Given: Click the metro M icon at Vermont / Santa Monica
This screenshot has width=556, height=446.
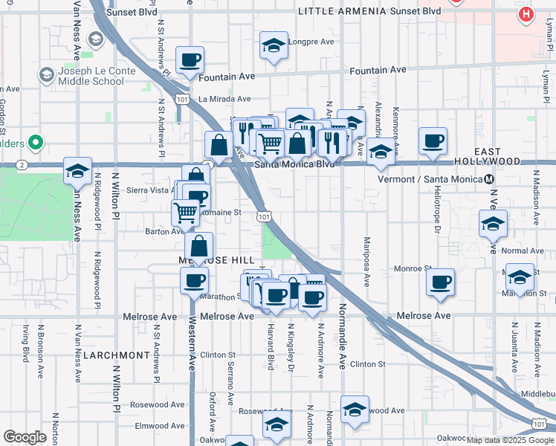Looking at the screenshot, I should (x=488, y=179).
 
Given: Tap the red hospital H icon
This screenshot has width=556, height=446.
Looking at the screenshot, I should (x=526, y=14).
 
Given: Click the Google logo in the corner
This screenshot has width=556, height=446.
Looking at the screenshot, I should (x=25, y=437).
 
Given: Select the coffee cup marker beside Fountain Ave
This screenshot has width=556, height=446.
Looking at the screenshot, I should (x=190, y=59).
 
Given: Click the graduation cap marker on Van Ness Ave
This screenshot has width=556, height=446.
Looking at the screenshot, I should (x=77, y=170).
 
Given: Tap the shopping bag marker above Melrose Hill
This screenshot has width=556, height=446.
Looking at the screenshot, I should (x=199, y=245).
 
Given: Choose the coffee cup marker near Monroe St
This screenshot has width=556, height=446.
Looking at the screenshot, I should (x=441, y=282).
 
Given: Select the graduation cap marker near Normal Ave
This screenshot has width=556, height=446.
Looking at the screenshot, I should (x=493, y=223).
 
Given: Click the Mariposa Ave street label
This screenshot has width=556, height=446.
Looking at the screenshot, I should (x=366, y=261).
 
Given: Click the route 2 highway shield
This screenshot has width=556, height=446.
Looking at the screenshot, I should (x=23, y=164).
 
